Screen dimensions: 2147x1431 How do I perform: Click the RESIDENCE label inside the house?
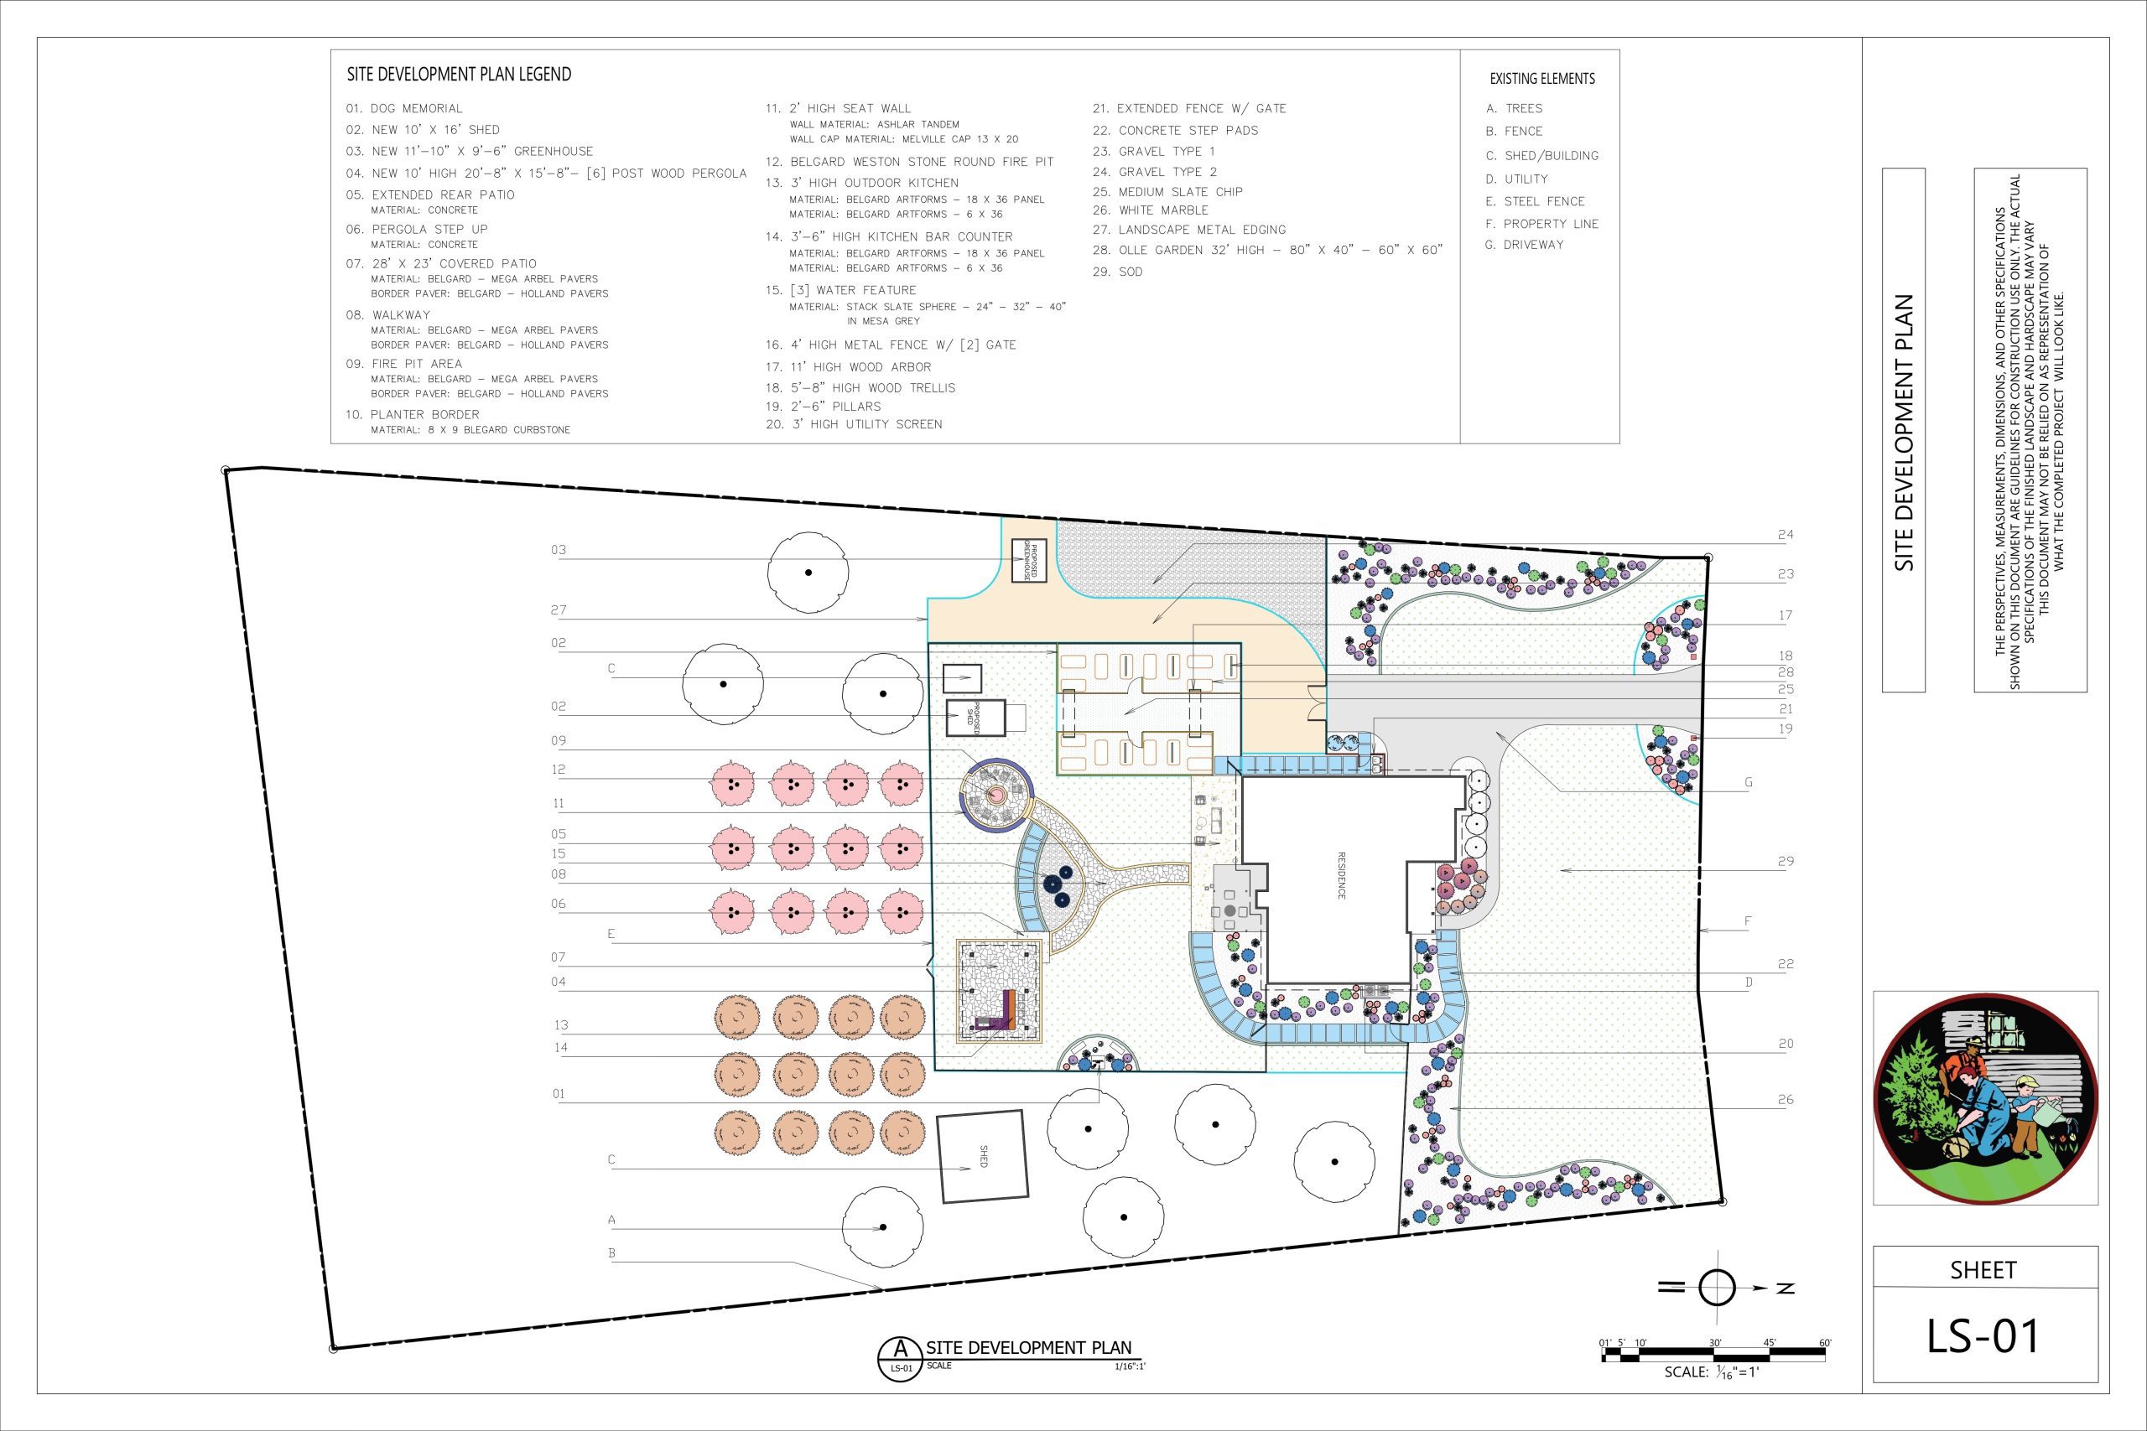coord(1341,876)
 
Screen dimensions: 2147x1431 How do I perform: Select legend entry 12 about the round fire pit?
coord(909,162)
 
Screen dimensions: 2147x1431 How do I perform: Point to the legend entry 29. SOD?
coord(1117,272)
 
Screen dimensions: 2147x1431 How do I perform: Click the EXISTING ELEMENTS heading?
coord(1541,79)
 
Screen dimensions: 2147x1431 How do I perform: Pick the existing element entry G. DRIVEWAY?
coord(1525,245)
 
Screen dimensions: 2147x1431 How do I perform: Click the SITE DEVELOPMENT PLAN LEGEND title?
coord(459,74)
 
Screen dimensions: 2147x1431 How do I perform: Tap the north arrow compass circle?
coord(1716,1288)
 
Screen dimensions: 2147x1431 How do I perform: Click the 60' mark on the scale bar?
coord(1825,1342)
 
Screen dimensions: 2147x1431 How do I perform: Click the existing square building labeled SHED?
coord(983,1156)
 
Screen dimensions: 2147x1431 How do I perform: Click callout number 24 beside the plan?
coord(1786,535)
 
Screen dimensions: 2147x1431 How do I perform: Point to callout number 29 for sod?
coord(1786,862)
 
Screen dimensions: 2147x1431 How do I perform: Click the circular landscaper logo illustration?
coord(1985,1098)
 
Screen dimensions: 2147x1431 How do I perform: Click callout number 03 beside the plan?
coord(559,550)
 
